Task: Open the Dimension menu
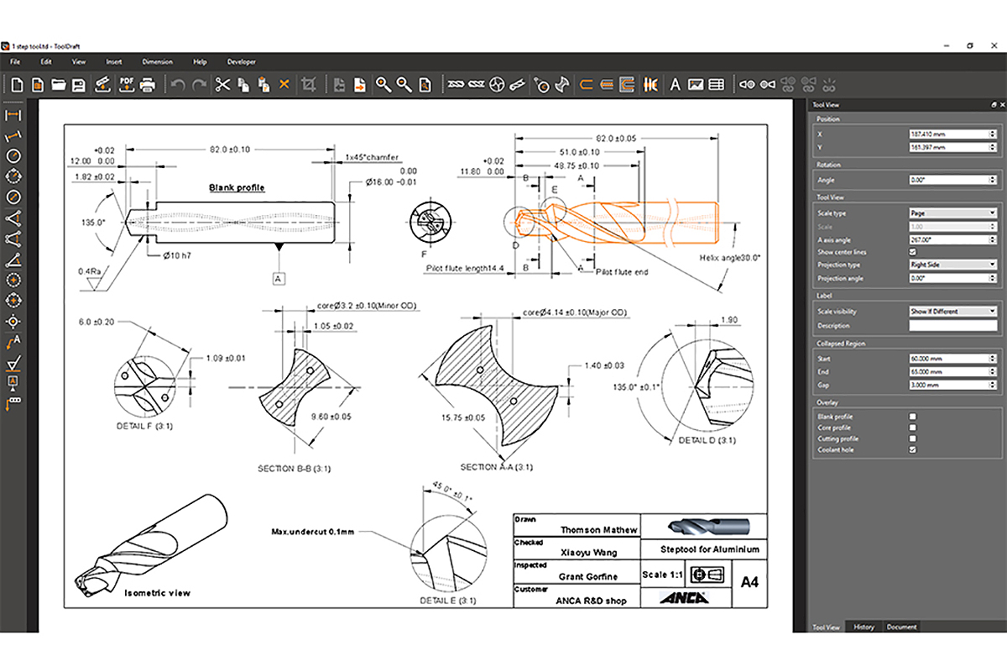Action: point(157,61)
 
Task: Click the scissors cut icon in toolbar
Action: point(222,84)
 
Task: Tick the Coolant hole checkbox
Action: point(913,449)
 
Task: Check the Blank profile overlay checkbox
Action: point(913,417)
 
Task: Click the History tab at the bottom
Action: point(864,627)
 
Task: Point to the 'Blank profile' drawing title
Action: point(237,188)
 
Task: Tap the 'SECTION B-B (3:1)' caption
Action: point(300,468)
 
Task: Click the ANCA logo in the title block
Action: point(683,597)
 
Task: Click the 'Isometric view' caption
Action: point(157,593)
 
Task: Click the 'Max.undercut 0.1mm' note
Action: point(312,532)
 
